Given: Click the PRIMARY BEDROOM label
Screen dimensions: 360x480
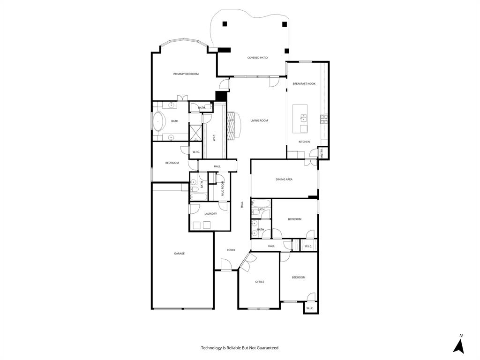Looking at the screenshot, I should pos(186,74).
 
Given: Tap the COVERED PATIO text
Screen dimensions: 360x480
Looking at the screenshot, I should pos(257,58).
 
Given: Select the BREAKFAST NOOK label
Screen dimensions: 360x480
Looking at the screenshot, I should pos(304,83).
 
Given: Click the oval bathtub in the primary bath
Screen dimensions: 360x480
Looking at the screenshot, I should pos(159,122).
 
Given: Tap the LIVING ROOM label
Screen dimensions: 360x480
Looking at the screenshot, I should pos(259,121).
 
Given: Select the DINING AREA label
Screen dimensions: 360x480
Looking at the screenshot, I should pos(284,179).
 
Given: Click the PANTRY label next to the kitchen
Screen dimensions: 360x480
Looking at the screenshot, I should pos(322,153).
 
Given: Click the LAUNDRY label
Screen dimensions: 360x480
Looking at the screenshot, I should pos(210,214).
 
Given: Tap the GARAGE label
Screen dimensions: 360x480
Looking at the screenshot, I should pos(179,254).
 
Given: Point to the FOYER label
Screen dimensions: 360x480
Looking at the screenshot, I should pos(231,250).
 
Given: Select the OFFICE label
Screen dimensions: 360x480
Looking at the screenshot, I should pos(259,282).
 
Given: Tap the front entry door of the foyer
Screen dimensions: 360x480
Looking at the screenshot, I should pos(226,268).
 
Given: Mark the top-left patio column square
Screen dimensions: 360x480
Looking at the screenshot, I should pos(225,24).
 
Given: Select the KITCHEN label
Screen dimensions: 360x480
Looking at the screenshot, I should pos(304,142).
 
